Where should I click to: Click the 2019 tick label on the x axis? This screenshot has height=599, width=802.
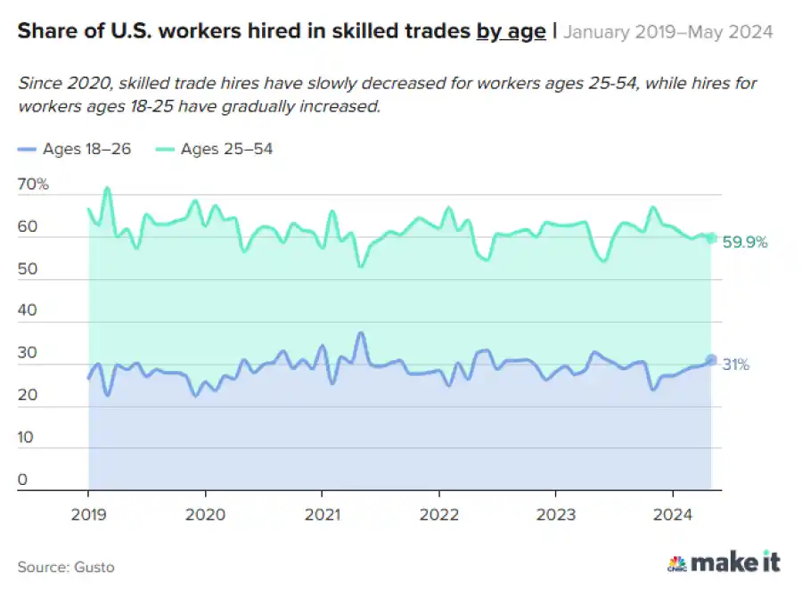pyautogui.click(x=88, y=514)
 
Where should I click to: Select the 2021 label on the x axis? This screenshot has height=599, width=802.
pyautogui.click(x=322, y=514)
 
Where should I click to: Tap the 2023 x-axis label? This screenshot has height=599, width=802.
pyautogui.click(x=556, y=514)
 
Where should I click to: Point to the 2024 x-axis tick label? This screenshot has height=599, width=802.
pyautogui.click(x=673, y=514)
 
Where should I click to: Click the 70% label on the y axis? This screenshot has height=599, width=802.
pyautogui.click(x=33, y=185)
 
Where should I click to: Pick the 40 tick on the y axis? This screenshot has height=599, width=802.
pyautogui.click(x=29, y=311)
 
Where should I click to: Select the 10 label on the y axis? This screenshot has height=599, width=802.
pyautogui.click(x=28, y=438)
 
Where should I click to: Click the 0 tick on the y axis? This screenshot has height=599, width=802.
pyautogui.click(x=23, y=480)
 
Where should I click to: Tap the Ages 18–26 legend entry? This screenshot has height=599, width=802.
pyautogui.click(x=75, y=149)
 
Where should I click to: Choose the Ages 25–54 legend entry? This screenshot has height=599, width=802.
pyautogui.click(x=215, y=149)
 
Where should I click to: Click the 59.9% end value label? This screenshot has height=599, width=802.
pyautogui.click(x=745, y=242)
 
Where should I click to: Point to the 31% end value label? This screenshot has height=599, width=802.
pyautogui.click(x=735, y=365)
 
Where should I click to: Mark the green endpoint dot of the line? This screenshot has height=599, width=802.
pyautogui.click(x=711, y=238)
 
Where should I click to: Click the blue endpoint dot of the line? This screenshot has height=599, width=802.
pyautogui.click(x=711, y=360)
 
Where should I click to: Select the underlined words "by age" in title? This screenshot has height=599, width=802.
pyautogui.click(x=511, y=32)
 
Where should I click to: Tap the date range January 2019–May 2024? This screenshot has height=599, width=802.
pyautogui.click(x=668, y=33)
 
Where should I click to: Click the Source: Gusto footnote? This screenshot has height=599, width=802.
pyautogui.click(x=66, y=567)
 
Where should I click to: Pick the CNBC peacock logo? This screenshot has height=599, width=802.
pyautogui.click(x=676, y=563)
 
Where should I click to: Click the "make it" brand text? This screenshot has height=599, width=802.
pyautogui.click(x=736, y=562)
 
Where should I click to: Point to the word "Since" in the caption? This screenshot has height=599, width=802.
pyautogui.click(x=39, y=83)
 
